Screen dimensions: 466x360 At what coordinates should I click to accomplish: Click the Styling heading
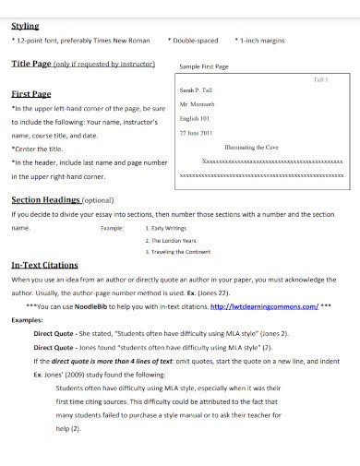click(x=25, y=27)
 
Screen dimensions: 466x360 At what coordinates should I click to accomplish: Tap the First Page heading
click(x=30, y=94)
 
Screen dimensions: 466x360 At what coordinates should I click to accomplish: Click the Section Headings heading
click(x=45, y=199)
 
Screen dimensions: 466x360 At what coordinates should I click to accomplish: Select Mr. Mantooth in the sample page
click(x=197, y=106)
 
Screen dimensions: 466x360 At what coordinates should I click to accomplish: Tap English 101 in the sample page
click(x=195, y=119)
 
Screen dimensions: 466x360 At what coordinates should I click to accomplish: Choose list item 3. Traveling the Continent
click(x=182, y=250)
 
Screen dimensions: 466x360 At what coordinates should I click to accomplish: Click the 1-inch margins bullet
click(x=265, y=42)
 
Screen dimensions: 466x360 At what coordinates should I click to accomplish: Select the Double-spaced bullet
click(x=194, y=42)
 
